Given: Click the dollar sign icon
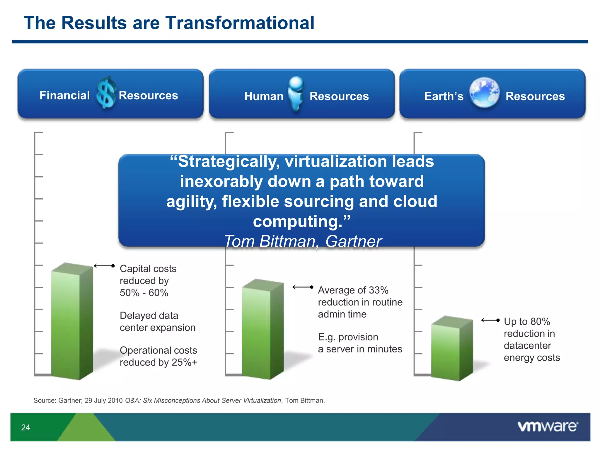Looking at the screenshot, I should click(106, 93).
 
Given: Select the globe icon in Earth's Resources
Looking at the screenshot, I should click(484, 93).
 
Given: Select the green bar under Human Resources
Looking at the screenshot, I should click(262, 330).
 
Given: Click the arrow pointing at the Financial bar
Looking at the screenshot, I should click(104, 266).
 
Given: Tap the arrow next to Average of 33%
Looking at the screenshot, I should click(303, 287).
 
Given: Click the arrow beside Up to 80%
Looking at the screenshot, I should click(490, 321).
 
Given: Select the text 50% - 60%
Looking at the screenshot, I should click(144, 293).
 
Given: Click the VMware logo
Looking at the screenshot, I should click(548, 426).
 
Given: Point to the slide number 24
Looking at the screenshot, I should click(25, 427).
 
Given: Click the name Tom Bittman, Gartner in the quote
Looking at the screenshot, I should click(302, 241).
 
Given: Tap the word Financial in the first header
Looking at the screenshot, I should click(64, 96).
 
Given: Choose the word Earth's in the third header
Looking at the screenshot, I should click(444, 96).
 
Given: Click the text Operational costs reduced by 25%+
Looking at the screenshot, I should click(158, 356).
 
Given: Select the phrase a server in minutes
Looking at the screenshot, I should click(360, 349).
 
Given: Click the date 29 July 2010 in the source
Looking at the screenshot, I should click(103, 400).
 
